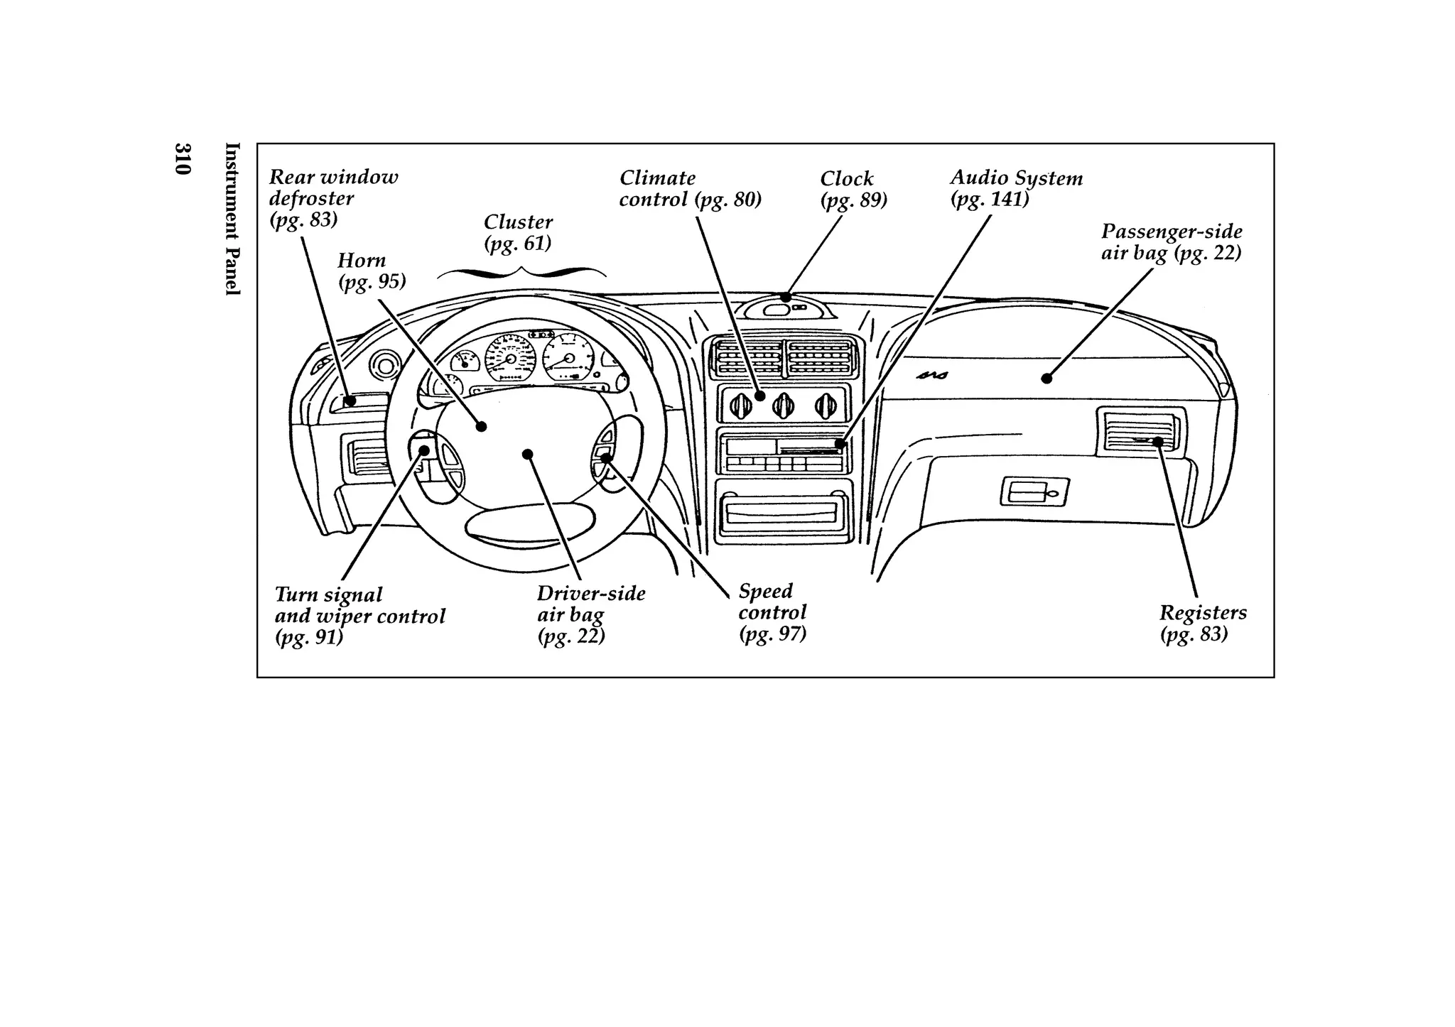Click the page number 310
182,159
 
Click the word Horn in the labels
362,261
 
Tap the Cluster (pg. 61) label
518,232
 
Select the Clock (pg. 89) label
853,189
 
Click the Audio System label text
1016,178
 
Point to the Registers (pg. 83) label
1202,622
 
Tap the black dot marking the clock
786,298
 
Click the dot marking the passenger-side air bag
1046,379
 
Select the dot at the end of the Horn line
481,427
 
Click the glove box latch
1034,492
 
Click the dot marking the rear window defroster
350,401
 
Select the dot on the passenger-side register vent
1157,442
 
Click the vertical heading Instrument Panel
232,219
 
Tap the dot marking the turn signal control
424,450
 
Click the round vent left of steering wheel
385,367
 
